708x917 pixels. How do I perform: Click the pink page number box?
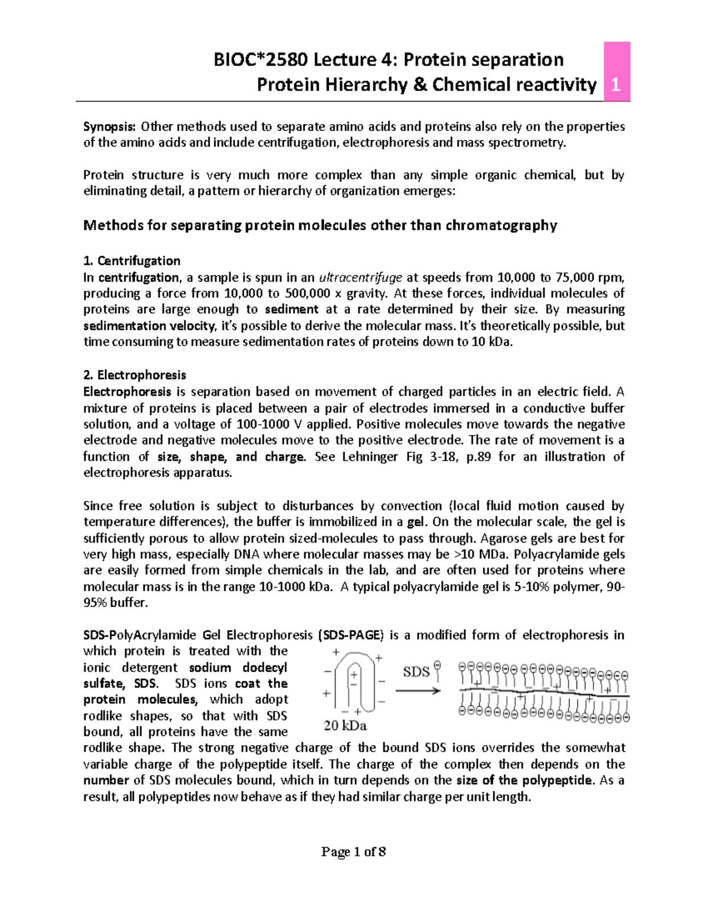pos(617,72)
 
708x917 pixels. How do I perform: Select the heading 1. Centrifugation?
pos(132,261)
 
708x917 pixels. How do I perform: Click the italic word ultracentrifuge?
pos(360,278)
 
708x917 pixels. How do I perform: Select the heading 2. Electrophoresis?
pos(135,375)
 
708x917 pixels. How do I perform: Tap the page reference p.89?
pos(480,456)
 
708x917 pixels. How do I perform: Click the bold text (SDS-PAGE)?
pos(350,635)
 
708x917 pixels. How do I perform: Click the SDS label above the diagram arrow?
pos(416,671)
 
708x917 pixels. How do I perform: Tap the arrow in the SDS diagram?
pos(418,690)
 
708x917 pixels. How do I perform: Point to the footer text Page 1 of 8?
pos(353,852)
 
